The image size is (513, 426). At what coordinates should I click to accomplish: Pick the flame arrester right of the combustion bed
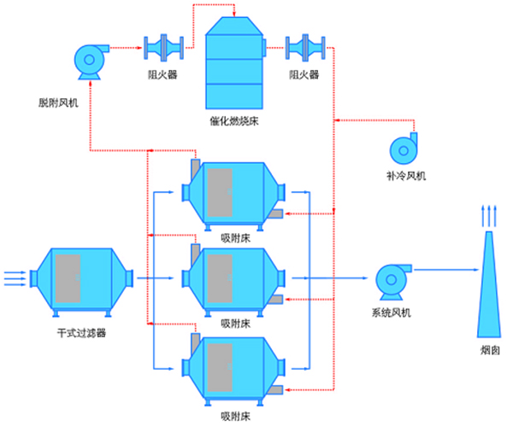pos(304,48)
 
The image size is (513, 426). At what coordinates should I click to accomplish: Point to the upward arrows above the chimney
pos(486,215)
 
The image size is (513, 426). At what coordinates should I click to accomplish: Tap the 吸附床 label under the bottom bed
pos(235,417)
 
